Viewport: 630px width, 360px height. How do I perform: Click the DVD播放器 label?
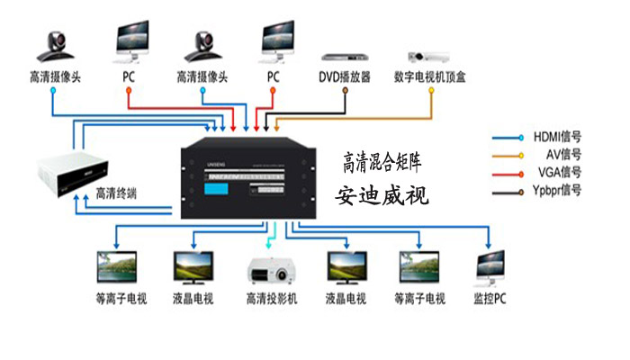coord(345,77)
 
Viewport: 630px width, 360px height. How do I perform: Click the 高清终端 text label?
coord(116,192)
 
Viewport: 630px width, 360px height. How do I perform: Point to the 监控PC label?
coord(490,298)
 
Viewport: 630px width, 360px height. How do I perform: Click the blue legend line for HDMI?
coord(508,138)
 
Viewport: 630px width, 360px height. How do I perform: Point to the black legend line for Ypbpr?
coord(508,190)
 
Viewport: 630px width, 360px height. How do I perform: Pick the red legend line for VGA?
coord(508,172)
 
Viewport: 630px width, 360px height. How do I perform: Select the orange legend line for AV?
coord(508,155)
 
